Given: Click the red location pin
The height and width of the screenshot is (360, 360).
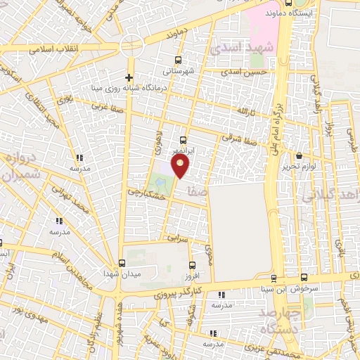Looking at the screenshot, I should pos(181,166).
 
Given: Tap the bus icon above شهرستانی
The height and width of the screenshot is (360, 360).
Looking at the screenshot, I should pos(177,60).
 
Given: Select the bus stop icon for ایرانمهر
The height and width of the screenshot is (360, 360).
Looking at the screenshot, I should pos(183,140).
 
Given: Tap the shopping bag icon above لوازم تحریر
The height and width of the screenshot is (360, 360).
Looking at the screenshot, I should pos(300,156).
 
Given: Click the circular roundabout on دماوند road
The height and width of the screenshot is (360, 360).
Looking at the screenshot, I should pos(131,46).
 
